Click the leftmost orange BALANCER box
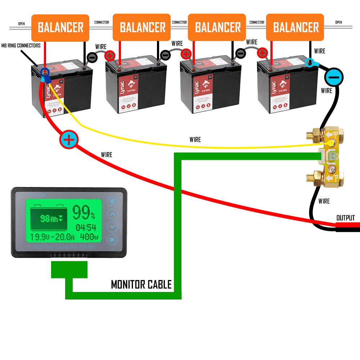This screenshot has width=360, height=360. [x=60, y=28]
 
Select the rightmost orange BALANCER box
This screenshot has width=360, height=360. [x=295, y=28]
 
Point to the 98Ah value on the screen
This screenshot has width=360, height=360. [x=49, y=219]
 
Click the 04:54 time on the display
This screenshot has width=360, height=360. [x=86, y=228]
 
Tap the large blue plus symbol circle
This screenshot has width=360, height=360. [x=69, y=139]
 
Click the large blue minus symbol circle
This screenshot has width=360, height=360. [x=334, y=77]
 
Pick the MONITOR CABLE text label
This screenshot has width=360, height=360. [x=141, y=285]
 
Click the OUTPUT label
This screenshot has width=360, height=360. [x=346, y=218]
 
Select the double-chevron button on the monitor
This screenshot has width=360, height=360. [x=112, y=201]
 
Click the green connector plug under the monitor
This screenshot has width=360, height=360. [x=69, y=270]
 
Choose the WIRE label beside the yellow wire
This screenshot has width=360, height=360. [x=195, y=139]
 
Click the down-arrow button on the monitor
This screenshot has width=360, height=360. [x=112, y=227]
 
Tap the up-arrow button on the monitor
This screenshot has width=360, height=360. [x=112, y=214]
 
